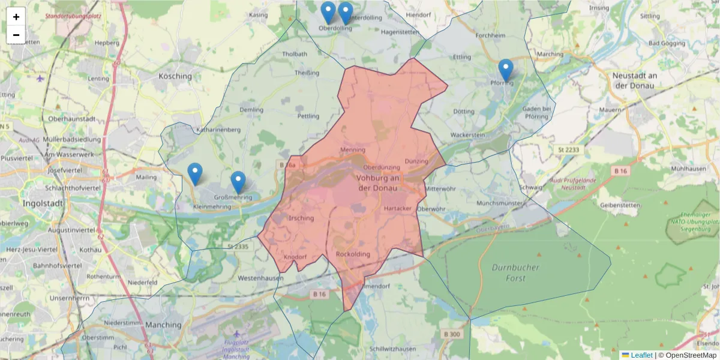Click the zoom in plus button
coord(16,17)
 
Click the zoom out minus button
coord(16,35)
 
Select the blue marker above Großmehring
coord(238,182)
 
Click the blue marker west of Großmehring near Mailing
coord(194,173)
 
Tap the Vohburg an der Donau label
coord(378,183)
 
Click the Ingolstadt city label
coord(43,203)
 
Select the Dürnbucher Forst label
coord(515,273)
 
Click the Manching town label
coord(163,325)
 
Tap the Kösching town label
coord(175,76)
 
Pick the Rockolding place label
coord(353,254)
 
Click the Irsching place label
coord(301,218)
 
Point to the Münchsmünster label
coord(500,203)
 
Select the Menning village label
coord(352,149)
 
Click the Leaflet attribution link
coord(641,355)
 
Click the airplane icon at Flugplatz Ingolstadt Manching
coord(236,334)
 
